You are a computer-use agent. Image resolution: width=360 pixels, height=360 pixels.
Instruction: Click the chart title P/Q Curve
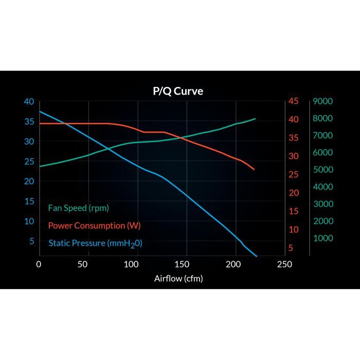click(178, 92)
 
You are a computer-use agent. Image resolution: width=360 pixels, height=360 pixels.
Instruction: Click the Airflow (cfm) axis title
click(178, 279)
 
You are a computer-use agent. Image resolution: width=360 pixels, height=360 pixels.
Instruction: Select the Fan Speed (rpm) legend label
click(78, 208)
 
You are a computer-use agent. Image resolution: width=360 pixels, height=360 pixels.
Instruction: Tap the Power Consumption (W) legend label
click(94, 225)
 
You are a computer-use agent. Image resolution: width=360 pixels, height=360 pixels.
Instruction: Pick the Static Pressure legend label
click(95, 243)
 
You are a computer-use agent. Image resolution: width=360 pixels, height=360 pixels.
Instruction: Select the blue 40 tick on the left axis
click(29, 101)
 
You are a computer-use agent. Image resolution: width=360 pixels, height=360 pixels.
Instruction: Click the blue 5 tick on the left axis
click(31, 241)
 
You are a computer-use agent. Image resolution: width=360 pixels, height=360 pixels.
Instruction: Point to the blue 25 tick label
click(29, 161)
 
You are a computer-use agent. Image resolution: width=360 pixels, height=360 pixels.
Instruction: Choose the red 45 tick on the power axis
click(293, 101)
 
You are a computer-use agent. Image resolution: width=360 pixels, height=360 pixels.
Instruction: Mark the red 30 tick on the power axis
click(293, 156)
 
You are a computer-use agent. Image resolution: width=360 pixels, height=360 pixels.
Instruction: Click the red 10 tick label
click(293, 229)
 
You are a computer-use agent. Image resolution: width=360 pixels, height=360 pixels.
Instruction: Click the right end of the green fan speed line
click(255, 119)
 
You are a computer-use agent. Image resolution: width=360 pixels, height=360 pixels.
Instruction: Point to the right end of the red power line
click(254, 169)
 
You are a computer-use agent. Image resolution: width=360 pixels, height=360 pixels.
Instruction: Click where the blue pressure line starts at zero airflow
click(40, 112)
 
